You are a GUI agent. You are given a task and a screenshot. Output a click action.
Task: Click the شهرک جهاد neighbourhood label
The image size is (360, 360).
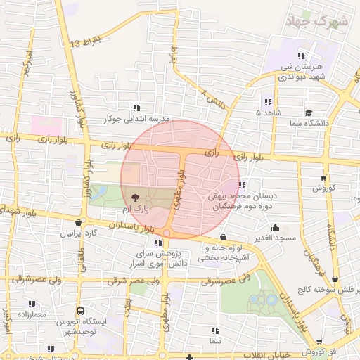323,21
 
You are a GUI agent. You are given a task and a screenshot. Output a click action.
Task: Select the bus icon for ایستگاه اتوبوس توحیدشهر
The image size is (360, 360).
83,310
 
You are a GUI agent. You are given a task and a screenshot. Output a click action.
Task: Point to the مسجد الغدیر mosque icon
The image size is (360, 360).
275,227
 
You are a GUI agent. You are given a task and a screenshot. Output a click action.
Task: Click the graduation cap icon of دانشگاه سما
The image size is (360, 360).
309,112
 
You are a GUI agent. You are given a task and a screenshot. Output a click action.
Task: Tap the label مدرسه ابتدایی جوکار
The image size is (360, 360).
137,120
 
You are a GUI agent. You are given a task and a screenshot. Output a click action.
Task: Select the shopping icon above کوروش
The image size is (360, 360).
323,177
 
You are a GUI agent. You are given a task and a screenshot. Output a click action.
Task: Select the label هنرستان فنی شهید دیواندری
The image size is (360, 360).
302,71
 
